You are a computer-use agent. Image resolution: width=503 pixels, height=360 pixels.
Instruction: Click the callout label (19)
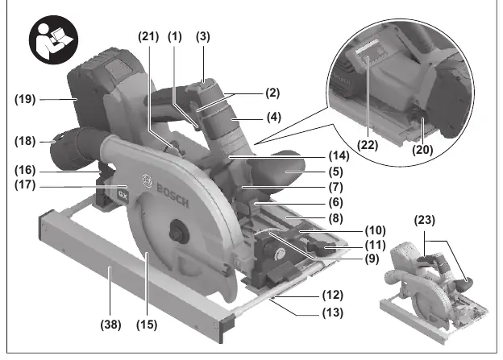coord(25,99)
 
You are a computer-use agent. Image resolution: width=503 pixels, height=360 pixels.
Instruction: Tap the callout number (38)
coord(110,325)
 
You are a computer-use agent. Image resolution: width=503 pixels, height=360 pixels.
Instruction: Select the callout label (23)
coord(425,220)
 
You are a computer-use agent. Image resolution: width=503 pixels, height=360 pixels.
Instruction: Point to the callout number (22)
coord(368,145)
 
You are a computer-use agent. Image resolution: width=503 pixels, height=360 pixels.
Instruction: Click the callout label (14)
coord(339,155)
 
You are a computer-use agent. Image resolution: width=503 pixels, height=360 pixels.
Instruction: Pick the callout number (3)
coord(203,36)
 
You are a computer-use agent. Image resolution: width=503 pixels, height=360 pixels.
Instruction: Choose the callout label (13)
coord(333,312)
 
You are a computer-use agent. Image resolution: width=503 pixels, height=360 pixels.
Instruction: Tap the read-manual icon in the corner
coord(53,39)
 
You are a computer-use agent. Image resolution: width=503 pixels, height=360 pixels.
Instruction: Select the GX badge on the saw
coord(123,195)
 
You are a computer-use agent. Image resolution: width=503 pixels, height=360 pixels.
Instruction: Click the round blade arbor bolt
coord(177,230)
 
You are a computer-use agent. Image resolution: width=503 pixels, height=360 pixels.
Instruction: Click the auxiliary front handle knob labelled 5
coord(279,172)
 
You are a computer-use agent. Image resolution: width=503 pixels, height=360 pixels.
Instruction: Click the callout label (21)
coord(148,36)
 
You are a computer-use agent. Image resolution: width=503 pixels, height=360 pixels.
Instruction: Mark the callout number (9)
coord(372,259)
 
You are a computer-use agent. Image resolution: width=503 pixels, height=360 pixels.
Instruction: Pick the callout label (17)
coord(25,185)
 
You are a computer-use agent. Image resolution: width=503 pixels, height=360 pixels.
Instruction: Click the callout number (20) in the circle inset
coord(422,149)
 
